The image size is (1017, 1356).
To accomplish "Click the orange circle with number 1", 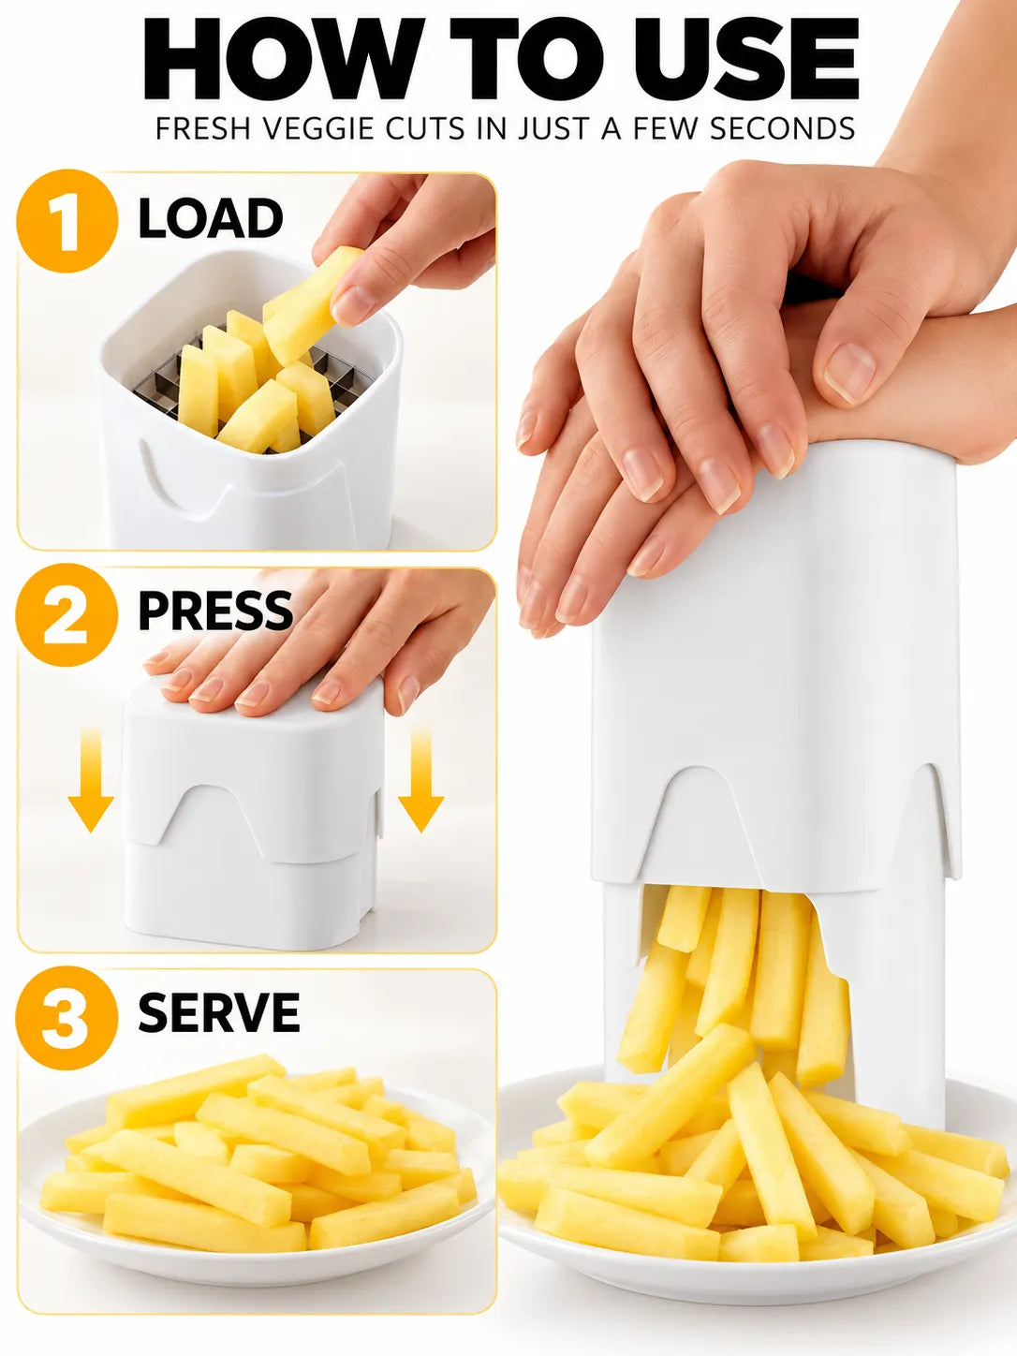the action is [x=66, y=221].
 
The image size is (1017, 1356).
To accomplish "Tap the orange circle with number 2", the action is [x=66, y=614].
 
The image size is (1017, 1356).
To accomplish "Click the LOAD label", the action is [x=211, y=219].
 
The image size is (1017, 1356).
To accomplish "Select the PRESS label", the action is [x=215, y=611].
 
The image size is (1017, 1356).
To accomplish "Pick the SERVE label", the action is [x=219, y=1012].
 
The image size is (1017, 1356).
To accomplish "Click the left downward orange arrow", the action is [x=91, y=780].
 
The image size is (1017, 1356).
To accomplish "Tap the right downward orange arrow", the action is [x=421, y=780].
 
